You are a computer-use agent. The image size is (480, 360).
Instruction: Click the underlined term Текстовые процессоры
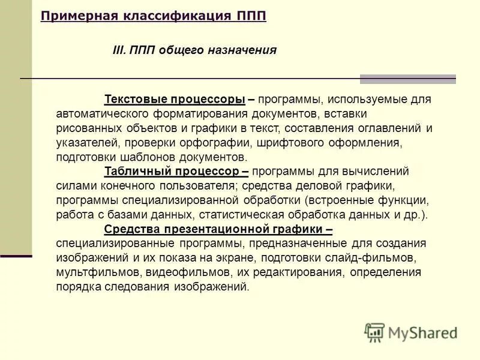[175, 99]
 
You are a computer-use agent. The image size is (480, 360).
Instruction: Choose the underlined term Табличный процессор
[173, 171]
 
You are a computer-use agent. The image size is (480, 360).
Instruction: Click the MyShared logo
[411, 332]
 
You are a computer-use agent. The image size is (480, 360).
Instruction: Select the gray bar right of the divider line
[407, 79]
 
